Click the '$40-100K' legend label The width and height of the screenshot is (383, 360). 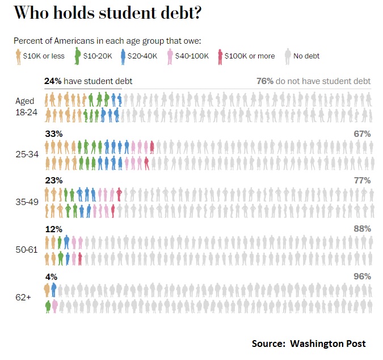click(193, 56)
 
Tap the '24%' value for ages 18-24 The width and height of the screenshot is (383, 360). click(53, 81)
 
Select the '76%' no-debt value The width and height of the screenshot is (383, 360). click(264, 81)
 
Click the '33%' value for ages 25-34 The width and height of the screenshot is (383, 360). click(53, 134)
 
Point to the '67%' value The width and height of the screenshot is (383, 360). click(361, 134)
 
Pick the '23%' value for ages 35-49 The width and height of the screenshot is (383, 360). click(53, 181)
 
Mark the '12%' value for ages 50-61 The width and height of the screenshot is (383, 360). click(53, 228)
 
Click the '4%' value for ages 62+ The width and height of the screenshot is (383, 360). click(51, 277)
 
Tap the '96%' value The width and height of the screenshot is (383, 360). click(361, 277)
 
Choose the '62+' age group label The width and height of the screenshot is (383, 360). click(23, 296)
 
